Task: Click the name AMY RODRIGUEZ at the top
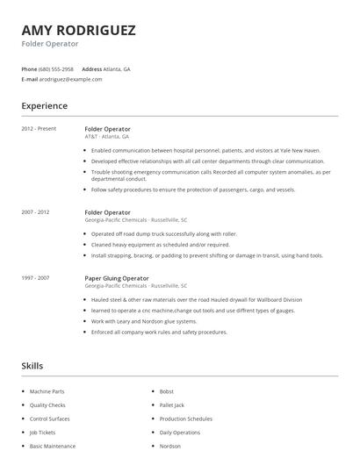(78, 31)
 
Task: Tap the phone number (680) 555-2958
(57, 68)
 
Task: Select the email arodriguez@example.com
(71, 79)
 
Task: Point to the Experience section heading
(44, 106)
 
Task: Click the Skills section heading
(32, 365)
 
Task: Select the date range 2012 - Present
(39, 129)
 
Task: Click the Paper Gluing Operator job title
(117, 278)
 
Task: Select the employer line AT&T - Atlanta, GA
(106, 137)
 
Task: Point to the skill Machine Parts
(47, 391)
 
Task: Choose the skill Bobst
(166, 391)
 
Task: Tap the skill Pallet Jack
(171, 405)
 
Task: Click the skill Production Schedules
(185, 419)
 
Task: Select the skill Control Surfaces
(49, 419)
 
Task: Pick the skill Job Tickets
(41, 433)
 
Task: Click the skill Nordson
(169, 447)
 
